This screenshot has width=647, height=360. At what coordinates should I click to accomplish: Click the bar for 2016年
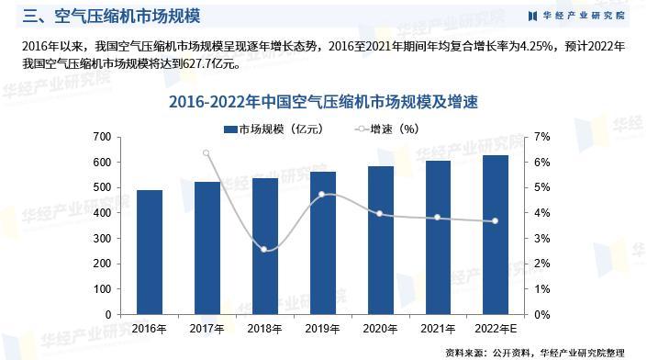click(x=149, y=252)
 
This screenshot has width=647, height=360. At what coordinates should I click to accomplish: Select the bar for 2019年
click(x=322, y=242)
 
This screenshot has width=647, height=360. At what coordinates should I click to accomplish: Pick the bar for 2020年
click(x=380, y=240)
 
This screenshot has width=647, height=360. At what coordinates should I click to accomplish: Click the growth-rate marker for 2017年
click(x=206, y=153)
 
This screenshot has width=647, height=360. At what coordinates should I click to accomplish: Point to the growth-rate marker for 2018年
click(x=264, y=249)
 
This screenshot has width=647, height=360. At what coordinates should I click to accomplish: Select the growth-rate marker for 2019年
click(x=322, y=195)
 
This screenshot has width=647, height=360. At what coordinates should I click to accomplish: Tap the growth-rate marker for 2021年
click(x=438, y=218)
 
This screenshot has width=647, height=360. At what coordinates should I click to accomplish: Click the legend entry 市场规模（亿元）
click(x=273, y=129)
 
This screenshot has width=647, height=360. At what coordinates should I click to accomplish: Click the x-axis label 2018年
click(x=264, y=328)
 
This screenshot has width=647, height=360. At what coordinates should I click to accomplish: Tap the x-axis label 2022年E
click(x=496, y=328)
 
